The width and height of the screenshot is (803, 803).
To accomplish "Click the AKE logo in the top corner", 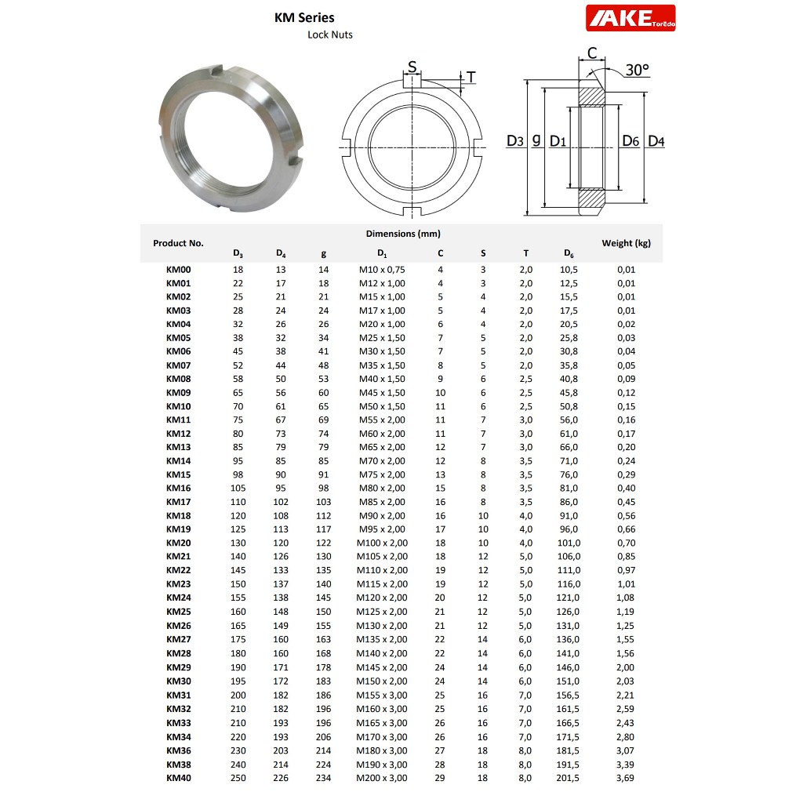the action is [630, 18].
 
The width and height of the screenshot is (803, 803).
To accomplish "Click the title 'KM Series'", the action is [304, 17].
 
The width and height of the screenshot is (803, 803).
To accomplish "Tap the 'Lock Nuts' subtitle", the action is [330, 35].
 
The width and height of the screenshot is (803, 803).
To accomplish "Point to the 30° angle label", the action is [637, 70].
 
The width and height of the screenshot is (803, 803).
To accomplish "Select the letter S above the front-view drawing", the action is [412, 67].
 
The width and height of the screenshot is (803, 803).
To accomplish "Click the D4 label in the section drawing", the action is [656, 141].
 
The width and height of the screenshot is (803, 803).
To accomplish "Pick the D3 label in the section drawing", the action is [514, 141].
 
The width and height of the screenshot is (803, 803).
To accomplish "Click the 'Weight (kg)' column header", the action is [626, 243].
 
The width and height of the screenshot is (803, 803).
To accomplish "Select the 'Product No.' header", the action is [178, 243].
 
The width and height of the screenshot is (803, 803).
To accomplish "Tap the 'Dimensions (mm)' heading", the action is [403, 234].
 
